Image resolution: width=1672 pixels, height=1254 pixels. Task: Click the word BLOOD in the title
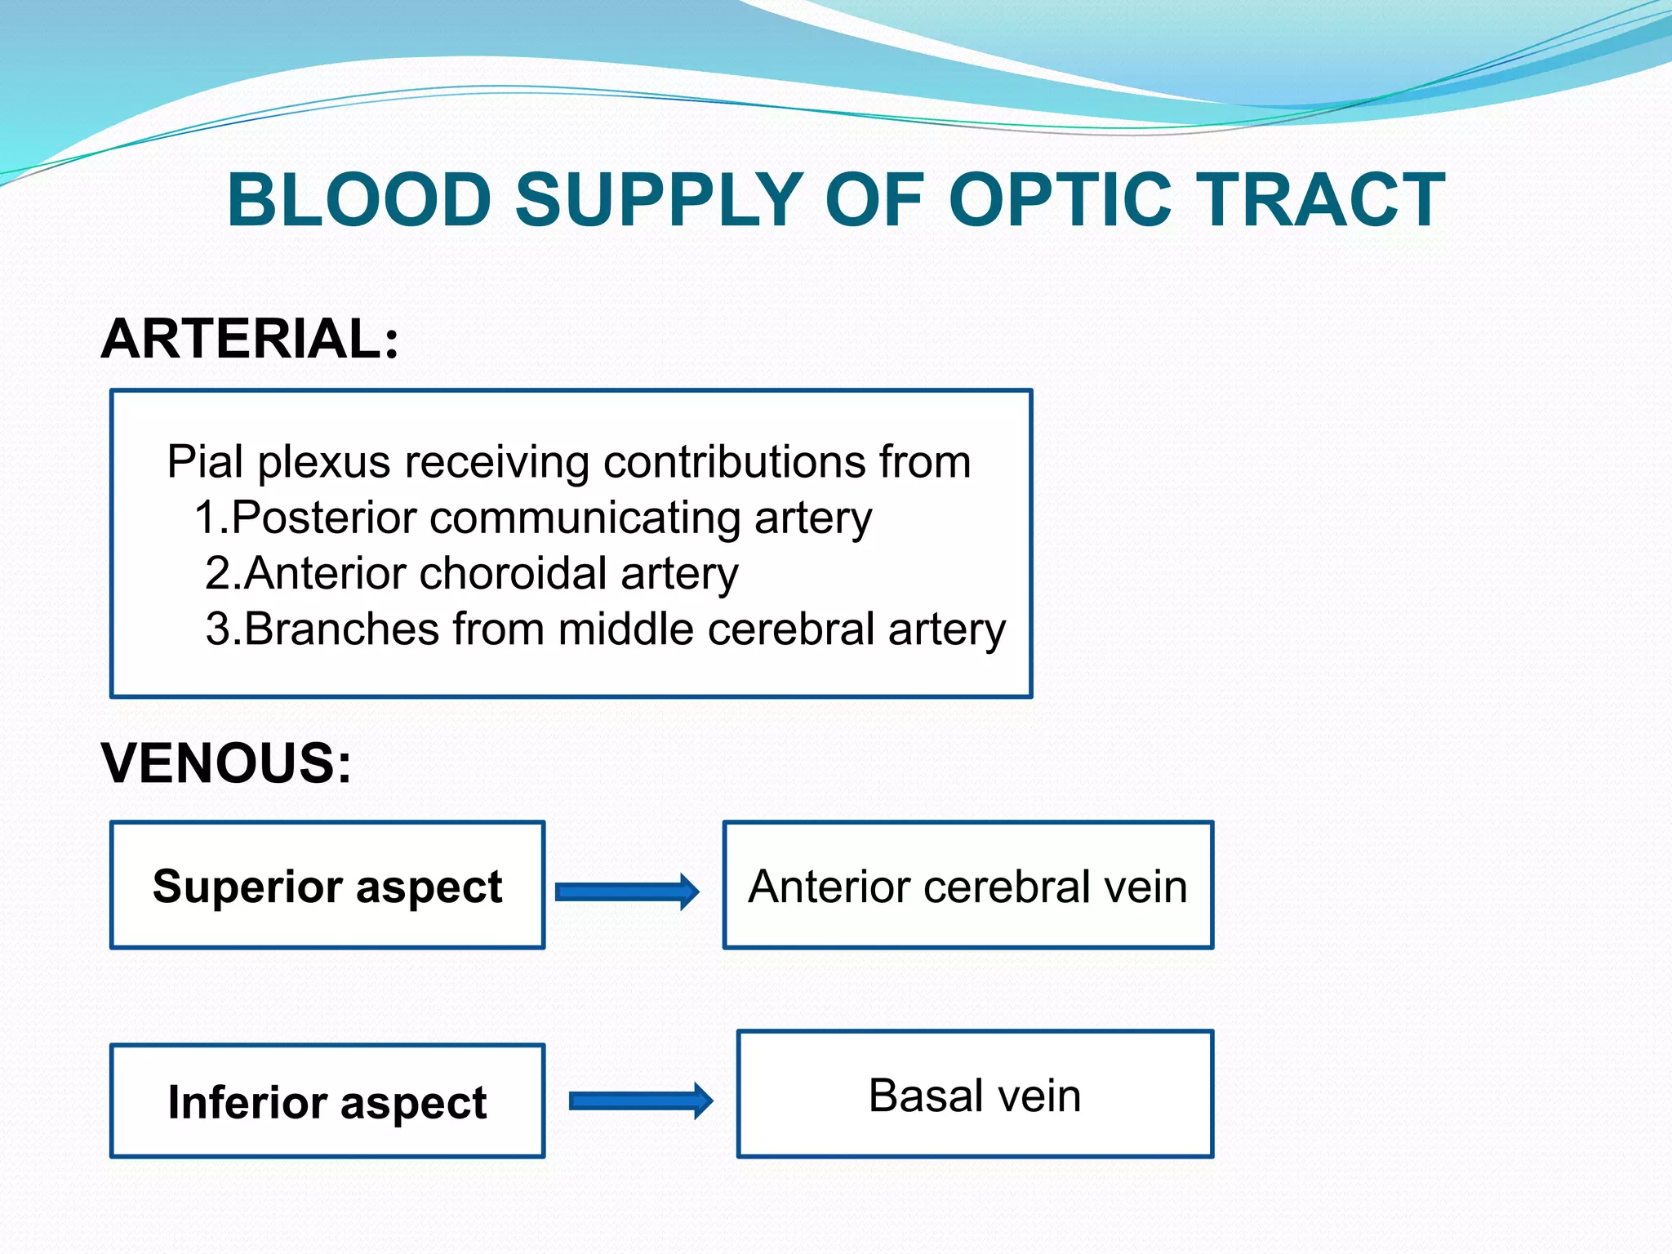click(x=359, y=200)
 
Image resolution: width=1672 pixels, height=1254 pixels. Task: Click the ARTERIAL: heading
click(x=250, y=339)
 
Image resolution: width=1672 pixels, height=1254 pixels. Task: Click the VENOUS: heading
click(x=226, y=763)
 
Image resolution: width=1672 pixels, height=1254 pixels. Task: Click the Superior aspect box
click(x=327, y=886)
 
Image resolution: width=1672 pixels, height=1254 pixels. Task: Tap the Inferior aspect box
click(x=327, y=1101)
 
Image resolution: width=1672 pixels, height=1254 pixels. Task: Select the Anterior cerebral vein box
click(x=968, y=886)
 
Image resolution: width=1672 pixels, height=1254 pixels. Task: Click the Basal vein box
click(x=975, y=1095)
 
